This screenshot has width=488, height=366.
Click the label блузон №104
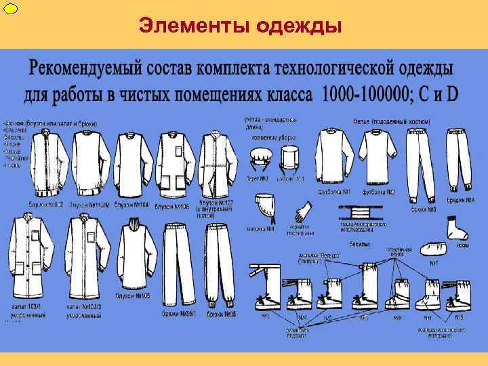[131, 205]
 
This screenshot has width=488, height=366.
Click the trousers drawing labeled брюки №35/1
[180, 264]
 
